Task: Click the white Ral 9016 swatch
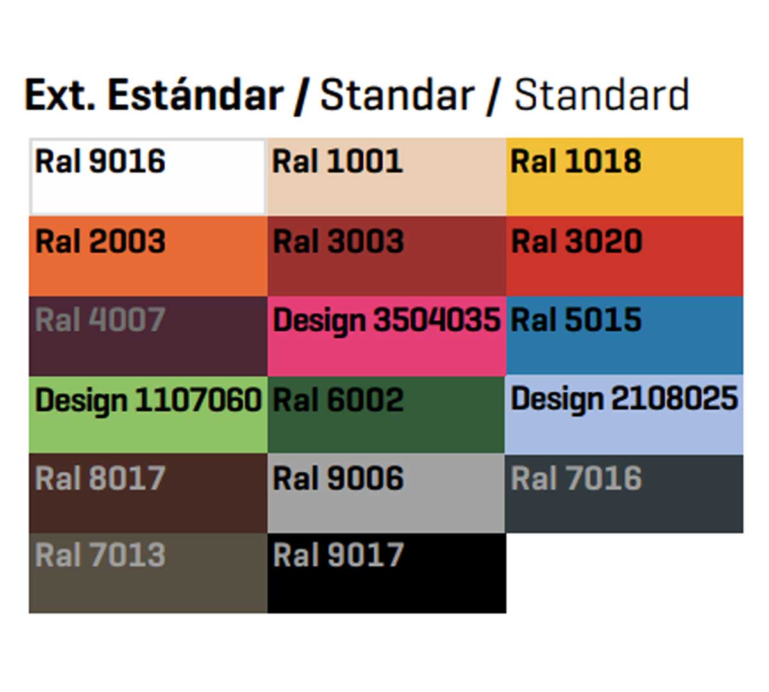pos(148,177)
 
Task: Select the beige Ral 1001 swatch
pos(386,177)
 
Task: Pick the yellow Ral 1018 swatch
pos(624,177)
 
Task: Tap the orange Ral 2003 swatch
pos(148,256)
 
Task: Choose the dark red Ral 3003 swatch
pos(386,256)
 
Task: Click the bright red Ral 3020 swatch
pos(624,256)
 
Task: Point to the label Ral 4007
pos(100,319)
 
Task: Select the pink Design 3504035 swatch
pos(386,336)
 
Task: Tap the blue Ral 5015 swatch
pos(624,335)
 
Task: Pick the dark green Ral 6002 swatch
pos(386,415)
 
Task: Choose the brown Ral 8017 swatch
pos(148,493)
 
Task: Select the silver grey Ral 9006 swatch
pos(386,493)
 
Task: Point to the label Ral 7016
pos(576,478)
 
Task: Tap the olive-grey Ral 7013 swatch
pos(148,573)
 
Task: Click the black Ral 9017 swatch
pos(387,573)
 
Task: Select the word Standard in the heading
pos(602,94)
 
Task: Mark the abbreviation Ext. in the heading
pos(60,95)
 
